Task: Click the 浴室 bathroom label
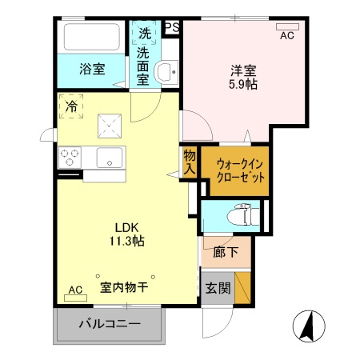click(91, 70)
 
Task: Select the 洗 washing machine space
click(145, 34)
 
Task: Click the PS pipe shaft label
click(171, 26)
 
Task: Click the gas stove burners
click(68, 156)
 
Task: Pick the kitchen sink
click(110, 158)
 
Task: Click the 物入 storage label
click(190, 163)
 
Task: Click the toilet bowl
click(238, 215)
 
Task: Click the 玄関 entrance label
click(215, 288)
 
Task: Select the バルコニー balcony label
click(110, 325)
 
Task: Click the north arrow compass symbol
click(310, 326)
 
